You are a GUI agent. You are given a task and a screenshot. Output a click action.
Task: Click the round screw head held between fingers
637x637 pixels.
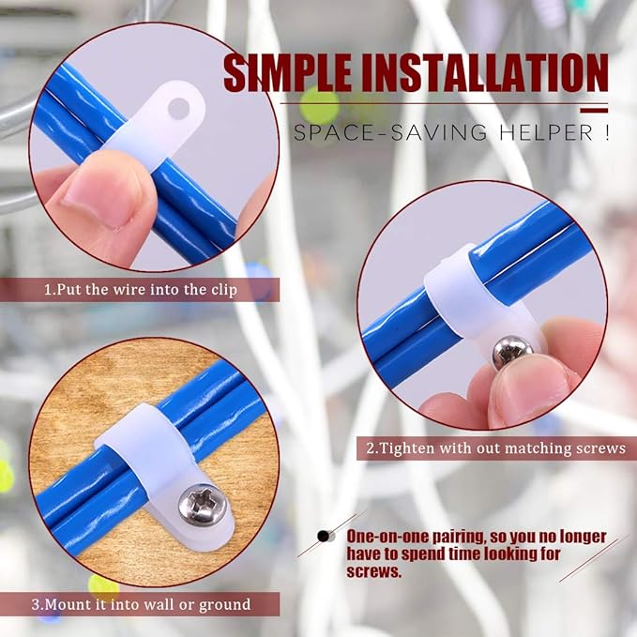(x=511, y=350)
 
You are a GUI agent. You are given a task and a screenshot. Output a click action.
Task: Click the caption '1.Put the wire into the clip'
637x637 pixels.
(x=140, y=290)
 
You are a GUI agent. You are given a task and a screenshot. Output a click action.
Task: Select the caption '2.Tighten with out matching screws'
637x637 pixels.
(x=495, y=448)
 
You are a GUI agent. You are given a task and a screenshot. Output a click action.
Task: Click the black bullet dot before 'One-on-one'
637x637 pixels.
(x=326, y=537)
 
